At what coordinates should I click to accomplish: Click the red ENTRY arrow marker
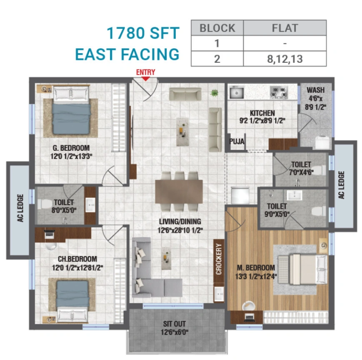point(145,79)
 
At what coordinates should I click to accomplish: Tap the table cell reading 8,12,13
point(285,59)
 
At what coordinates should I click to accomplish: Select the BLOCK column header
point(217,28)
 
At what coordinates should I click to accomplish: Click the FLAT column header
point(285,28)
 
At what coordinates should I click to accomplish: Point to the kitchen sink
point(237,92)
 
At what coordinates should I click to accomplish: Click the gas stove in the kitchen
point(279,92)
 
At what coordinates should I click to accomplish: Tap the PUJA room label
point(237,142)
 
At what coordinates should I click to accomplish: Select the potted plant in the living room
point(215,93)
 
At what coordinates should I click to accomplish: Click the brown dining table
point(179,191)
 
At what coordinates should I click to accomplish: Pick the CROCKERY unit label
point(219,259)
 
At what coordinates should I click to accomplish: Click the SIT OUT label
point(174,324)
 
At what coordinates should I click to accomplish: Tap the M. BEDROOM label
point(256,268)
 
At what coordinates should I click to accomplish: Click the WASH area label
point(316,90)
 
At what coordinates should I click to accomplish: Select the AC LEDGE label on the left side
point(20,208)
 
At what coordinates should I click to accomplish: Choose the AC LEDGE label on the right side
point(341,185)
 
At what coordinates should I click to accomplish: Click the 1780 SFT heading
point(143,33)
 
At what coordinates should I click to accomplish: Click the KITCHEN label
point(262,113)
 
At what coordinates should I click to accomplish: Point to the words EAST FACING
point(127,54)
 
